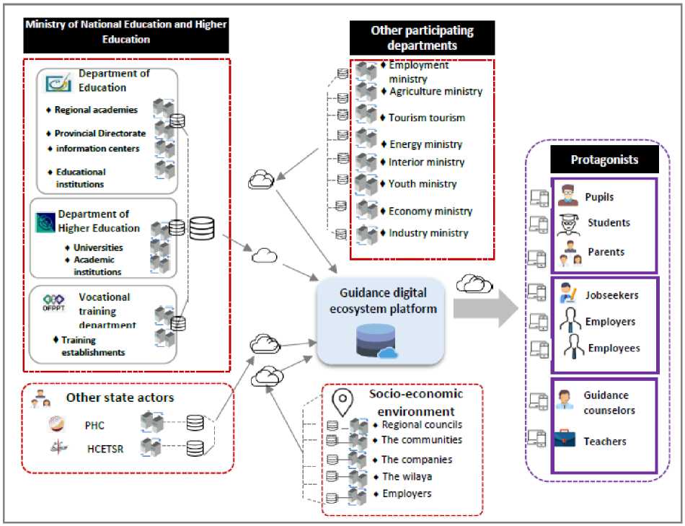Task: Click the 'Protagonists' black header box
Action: point(605,159)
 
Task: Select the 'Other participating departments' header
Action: point(422,38)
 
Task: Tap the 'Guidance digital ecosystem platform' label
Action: point(383,299)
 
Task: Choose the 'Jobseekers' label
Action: point(612,295)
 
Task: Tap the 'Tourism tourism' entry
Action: point(427,118)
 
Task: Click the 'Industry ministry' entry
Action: point(428,233)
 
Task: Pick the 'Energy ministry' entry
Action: point(426,144)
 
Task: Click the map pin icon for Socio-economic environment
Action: point(340,400)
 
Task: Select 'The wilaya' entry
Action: point(406,476)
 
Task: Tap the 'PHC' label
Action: point(94,425)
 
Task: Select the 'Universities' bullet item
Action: point(98,247)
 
